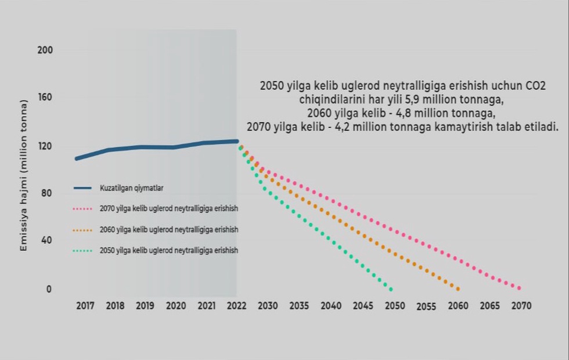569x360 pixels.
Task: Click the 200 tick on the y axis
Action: [x=45, y=50]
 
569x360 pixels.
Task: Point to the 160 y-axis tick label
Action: [x=45, y=98]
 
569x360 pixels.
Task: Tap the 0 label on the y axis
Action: [x=49, y=289]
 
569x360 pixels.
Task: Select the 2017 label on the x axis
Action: [x=85, y=305]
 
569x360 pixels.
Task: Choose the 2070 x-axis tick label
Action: [x=521, y=305]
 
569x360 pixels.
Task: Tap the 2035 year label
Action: [x=299, y=305]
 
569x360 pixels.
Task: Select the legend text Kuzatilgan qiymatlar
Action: [x=131, y=188]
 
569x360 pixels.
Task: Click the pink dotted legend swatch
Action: [x=83, y=209]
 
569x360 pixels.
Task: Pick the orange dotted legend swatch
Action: [x=83, y=230]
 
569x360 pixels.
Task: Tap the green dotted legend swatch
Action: [x=83, y=251]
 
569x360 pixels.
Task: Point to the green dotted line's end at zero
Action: [x=391, y=289]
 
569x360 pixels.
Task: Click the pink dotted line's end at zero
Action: [x=519, y=289]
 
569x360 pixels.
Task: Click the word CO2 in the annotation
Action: [x=535, y=86]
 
